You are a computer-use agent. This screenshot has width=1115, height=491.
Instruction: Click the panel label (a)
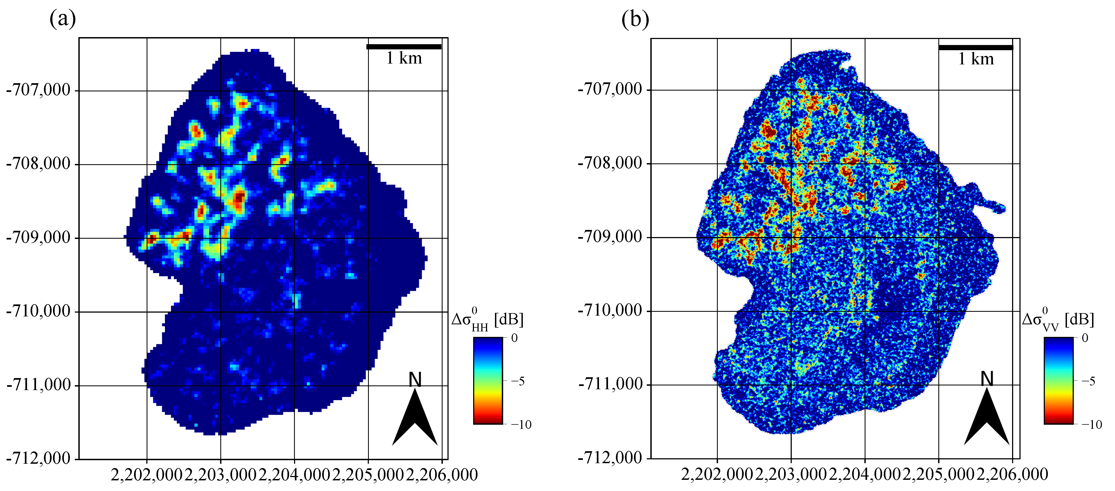point(63,19)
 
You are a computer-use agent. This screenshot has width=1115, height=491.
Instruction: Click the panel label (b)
point(635,19)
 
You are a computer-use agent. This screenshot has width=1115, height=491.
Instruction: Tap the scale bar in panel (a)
point(404,46)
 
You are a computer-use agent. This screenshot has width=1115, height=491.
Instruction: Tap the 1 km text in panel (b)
point(976,59)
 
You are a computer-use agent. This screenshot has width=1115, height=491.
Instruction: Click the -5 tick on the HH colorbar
point(518,381)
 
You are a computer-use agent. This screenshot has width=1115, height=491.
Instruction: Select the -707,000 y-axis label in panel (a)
point(38,90)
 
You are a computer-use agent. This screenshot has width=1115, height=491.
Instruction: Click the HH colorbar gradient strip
point(488,381)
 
